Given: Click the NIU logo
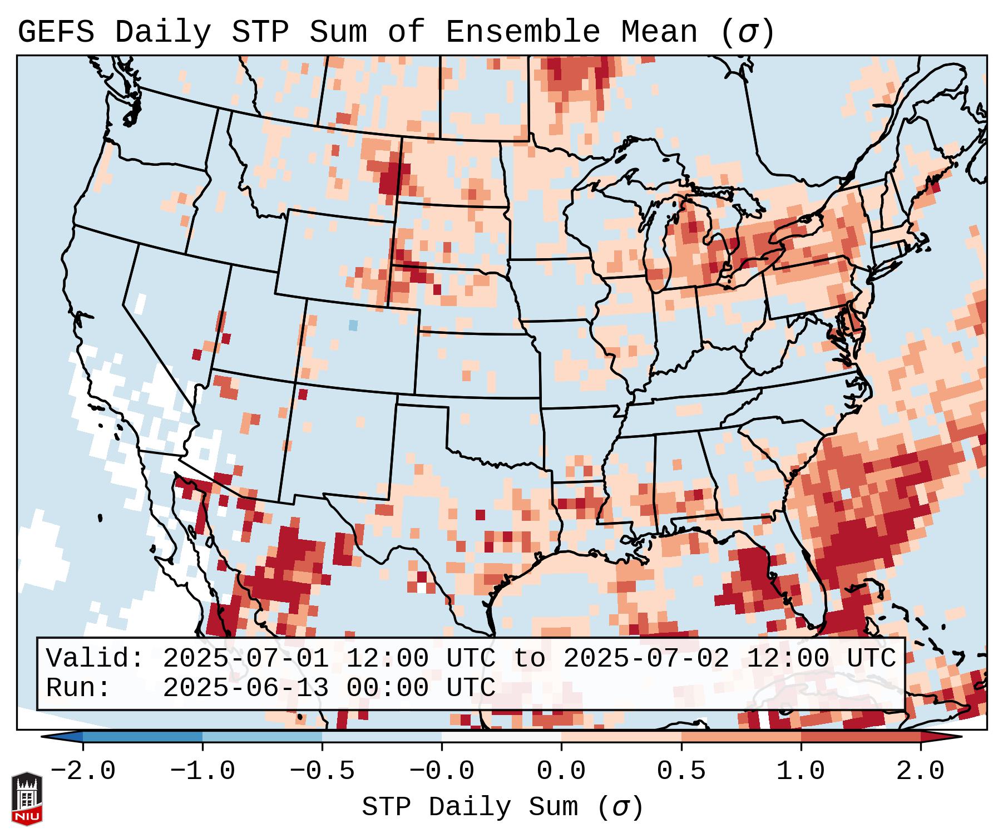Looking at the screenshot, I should click(x=27, y=798).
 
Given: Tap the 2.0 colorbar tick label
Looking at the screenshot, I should click(x=920, y=771).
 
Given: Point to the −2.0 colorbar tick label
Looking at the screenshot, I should click(x=83, y=771).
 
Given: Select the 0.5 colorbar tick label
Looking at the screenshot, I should click(x=681, y=771).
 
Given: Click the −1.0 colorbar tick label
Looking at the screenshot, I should click(x=202, y=771).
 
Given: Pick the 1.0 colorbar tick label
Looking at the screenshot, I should click(x=801, y=771).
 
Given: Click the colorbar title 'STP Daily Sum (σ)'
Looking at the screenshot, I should click(x=502, y=807).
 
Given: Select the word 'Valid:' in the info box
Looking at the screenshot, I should click(x=95, y=658).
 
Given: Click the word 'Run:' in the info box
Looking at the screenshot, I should click(x=78, y=688).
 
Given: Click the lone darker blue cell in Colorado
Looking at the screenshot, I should click(x=353, y=325).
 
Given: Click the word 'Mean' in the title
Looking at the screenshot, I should click(x=659, y=32).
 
